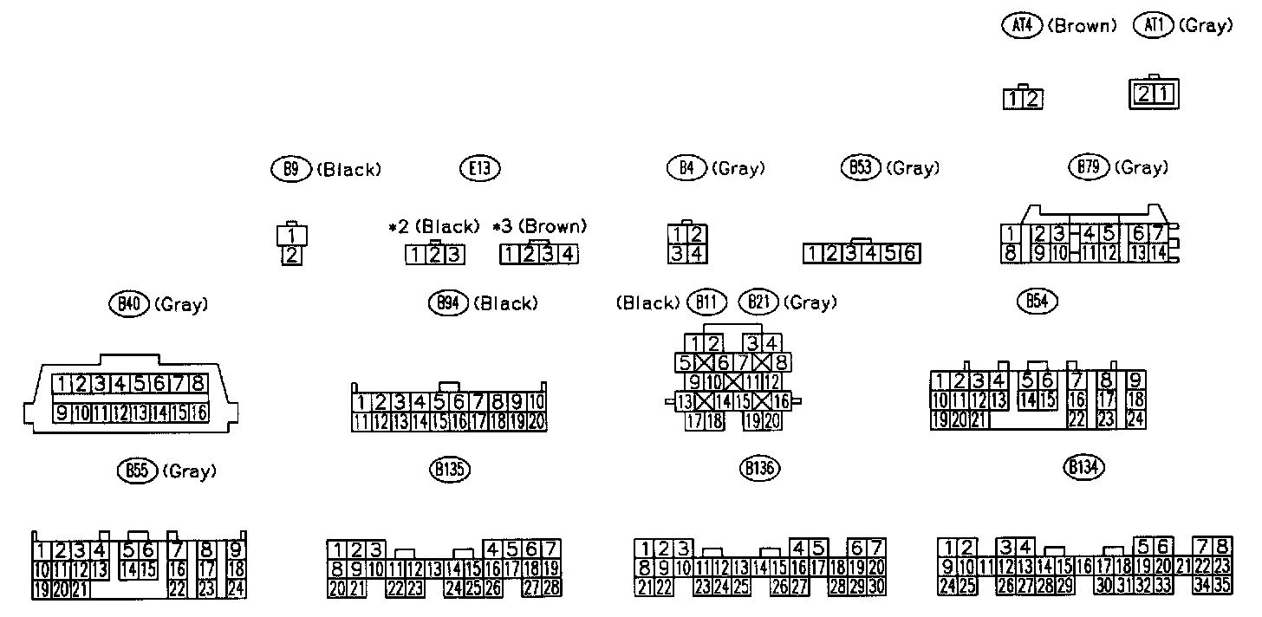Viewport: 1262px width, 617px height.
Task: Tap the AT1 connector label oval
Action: (x=1153, y=26)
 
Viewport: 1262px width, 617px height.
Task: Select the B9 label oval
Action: (x=291, y=169)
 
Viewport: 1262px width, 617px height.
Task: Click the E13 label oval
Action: (x=479, y=169)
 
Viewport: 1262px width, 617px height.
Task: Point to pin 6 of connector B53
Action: (x=910, y=254)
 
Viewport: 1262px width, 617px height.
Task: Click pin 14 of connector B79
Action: (x=1159, y=253)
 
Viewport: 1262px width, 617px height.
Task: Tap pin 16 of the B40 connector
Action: (x=198, y=412)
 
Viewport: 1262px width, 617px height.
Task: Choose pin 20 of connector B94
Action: (x=537, y=422)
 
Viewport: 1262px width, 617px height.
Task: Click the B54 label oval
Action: (x=1036, y=301)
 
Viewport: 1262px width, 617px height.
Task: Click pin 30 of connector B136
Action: (x=875, y=587)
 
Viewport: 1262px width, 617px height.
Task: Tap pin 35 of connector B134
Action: (x=1223, y=586)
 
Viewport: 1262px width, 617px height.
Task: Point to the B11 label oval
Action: (x=706, y=302)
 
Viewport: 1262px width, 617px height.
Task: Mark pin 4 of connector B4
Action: (x=695, y=255)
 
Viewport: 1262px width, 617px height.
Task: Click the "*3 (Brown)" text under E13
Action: (x=539, y=227)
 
